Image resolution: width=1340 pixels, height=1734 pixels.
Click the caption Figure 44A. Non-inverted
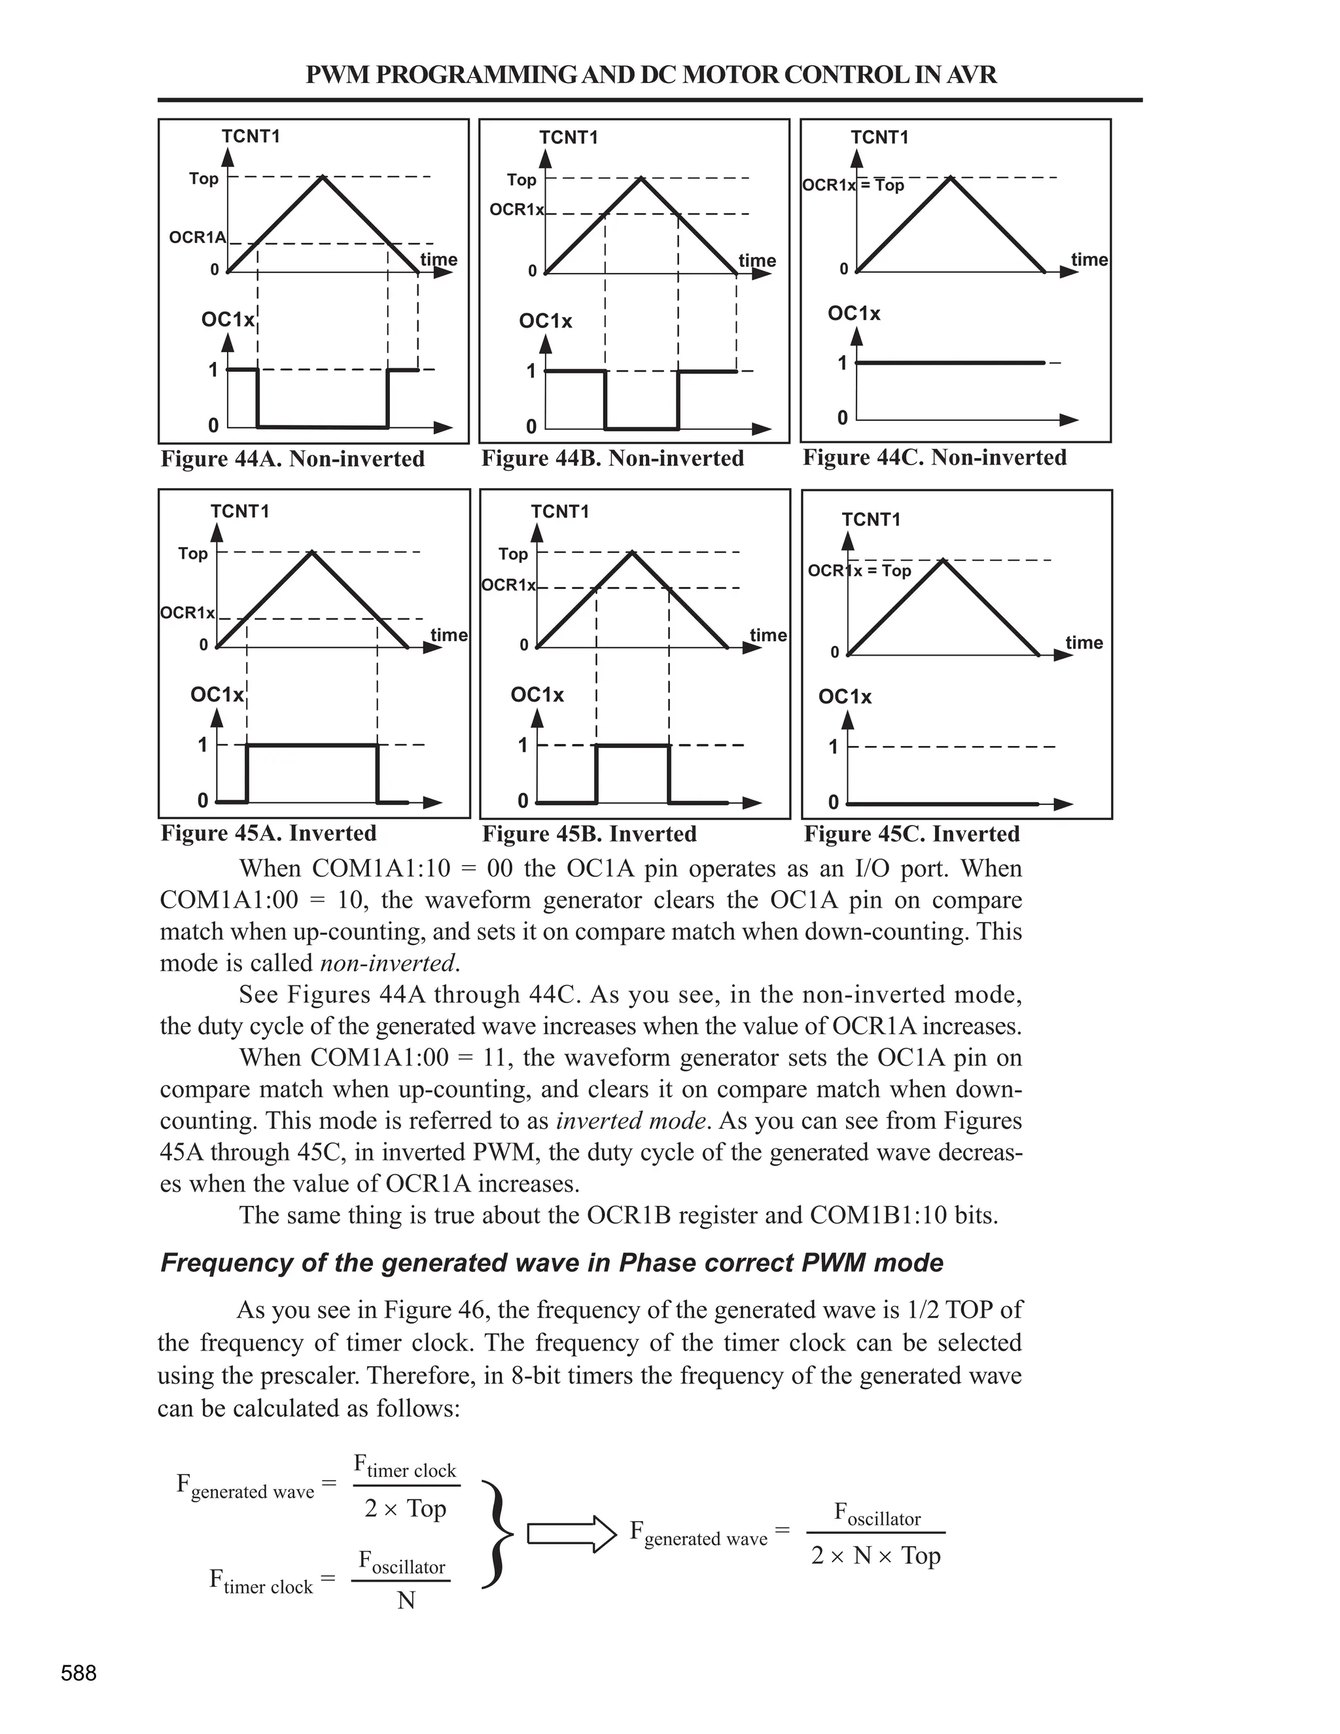click(x=292, y=459)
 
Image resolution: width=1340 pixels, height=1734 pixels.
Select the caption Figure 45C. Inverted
click(x=911, y=834)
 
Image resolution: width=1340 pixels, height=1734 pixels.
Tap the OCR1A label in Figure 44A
click(x=197, y=238)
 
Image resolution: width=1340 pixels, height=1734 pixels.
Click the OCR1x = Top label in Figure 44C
click(x=853, y=185)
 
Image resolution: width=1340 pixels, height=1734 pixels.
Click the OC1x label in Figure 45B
click(x=537, y=695)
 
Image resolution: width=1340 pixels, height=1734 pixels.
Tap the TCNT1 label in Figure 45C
click(x=871, y=520)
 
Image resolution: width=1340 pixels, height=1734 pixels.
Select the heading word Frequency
click(x=226, y=1263)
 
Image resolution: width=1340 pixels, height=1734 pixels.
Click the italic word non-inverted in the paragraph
click(x=388, y=963)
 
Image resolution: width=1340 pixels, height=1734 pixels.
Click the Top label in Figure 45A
click(x=193, y=554)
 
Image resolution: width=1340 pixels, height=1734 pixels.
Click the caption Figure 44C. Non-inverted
click(x=934, y=457)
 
